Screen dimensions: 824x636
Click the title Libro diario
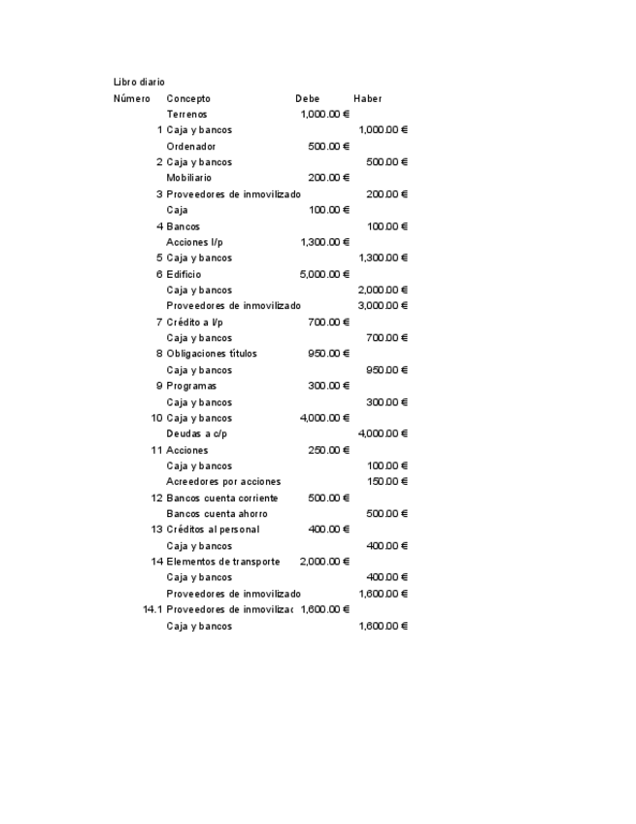(139, 82)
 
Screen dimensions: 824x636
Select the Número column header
(131, 98)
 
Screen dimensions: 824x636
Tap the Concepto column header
(188, 98)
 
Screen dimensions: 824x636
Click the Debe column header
(308, 98)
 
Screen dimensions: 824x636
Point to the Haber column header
(368, 98)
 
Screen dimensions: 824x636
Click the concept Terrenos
(186, 114)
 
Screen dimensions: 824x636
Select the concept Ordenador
(191, 146)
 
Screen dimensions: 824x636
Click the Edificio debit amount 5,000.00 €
(324, 274)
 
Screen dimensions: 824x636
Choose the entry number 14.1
(151, 609)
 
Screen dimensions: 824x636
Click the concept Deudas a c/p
(197, 433)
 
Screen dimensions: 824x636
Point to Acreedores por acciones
(223, 481)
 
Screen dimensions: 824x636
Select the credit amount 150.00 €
(386, 481)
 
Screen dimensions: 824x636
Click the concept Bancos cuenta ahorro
(217, 513)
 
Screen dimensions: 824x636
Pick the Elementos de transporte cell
(223, 561)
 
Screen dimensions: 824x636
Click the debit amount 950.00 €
(328, 354)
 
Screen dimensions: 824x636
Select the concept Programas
(191, 386)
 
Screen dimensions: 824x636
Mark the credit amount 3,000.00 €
(383, 306)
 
